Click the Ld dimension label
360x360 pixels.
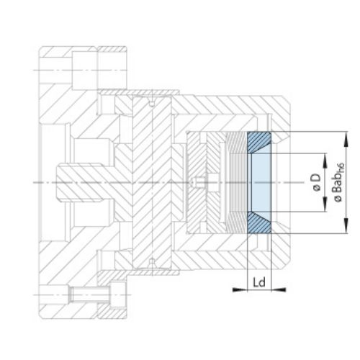tap(259, 282)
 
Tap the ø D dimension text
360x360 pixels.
tap(317, 181)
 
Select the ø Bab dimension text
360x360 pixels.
tap(338, 186)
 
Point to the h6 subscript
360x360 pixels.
tap(341, 167)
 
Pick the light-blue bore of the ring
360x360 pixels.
tap(261, 182)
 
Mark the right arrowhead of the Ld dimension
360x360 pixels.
tap(279, 289)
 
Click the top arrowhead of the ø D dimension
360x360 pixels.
tap(325, 161)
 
